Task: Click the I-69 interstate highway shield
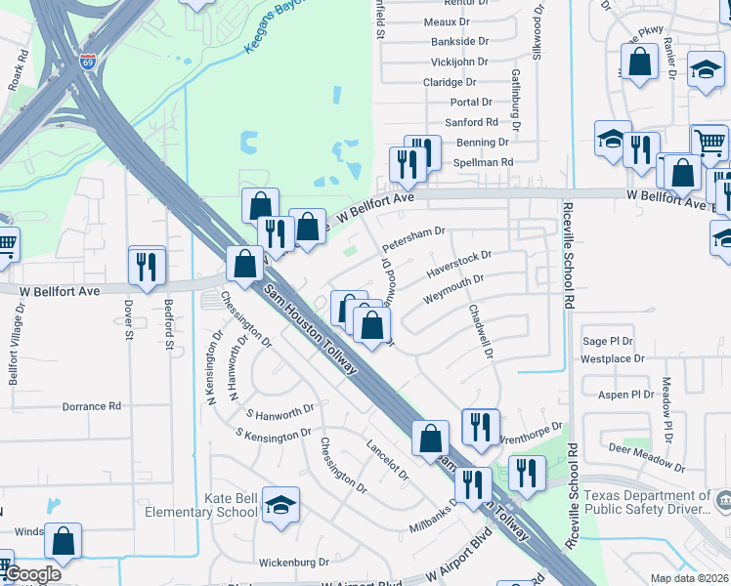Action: tap(88, 63)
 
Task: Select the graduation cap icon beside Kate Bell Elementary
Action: tap(280, 505)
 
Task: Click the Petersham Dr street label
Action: tap(413, 239)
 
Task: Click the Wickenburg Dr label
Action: tap(294, 563)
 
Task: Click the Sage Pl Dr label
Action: tap(608, 341)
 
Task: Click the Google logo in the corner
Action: tap(32, 575)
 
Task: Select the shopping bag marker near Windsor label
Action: tap(63, 541)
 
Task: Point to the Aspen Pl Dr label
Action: tap(627, 395)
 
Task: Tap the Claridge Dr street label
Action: tap(450, 84)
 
